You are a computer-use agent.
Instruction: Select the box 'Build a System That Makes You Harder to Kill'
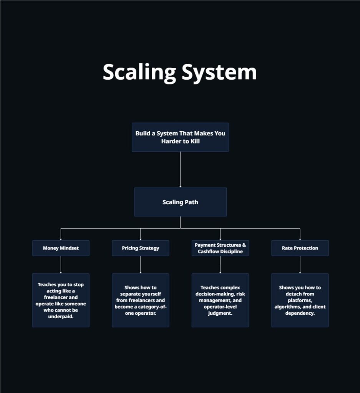(180, 137)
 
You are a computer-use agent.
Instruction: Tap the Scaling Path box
(180, 202)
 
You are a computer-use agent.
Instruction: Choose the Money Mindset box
(61, 248)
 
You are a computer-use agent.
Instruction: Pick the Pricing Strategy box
(140, 248)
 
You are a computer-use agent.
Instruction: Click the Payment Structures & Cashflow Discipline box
(220, 248)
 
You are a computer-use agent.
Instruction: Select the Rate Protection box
(300, 248)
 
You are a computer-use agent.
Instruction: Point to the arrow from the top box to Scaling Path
(180, 169)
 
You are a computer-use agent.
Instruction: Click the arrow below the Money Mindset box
(61, 264)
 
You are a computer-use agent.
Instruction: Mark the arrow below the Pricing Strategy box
(140, 264)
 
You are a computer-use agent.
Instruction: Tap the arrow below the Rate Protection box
(300, 264)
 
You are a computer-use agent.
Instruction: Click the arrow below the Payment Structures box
(220, 264)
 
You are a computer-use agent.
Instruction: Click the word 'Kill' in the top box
(193, 141)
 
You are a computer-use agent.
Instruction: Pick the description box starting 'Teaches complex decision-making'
(220, 300)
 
